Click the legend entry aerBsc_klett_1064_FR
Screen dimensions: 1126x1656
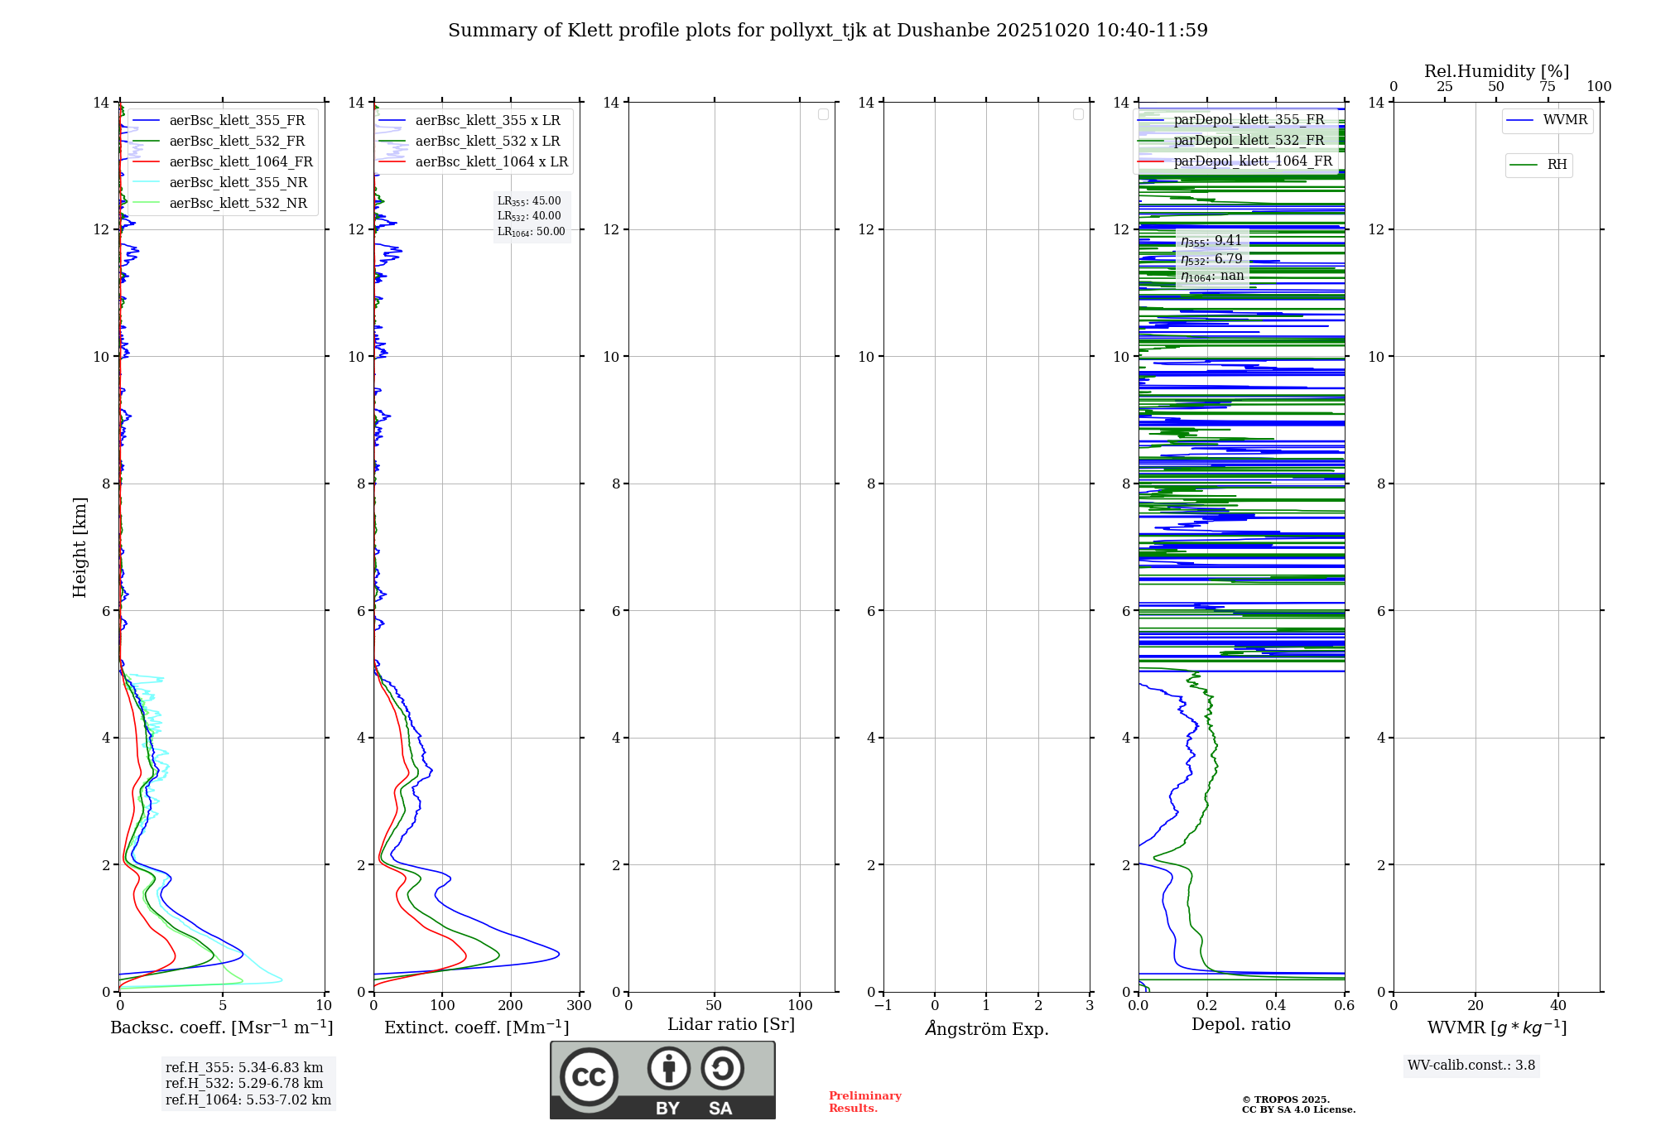[x=240, y=162]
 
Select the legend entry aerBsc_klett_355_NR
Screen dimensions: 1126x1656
[x=238, y=183]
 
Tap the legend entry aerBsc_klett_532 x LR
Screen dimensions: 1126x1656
[x=487, y=142]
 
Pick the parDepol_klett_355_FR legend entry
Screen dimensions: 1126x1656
[x=1249, y=120]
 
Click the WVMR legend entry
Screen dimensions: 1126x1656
[x=1565, y=120]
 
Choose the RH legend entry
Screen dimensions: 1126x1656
[x=1557, y=165]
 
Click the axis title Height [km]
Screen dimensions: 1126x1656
[x=79, y=547]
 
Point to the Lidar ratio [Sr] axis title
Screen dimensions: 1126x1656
[x=731, y=1025]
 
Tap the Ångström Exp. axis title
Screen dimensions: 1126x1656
[x=987, y=1029]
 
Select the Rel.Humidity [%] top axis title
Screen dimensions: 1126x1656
[x=1496, y=71]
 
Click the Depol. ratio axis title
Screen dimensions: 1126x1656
[x=1240, y=1025]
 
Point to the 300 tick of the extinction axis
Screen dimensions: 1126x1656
[x=580, y=1006]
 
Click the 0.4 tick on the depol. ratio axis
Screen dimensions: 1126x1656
[x=1276, y=1006]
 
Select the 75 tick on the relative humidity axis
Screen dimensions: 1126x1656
[x=1547, y=87]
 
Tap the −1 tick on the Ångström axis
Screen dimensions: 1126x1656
[x=883, y=1006]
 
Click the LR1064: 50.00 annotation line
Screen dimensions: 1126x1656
[x=531, y=232]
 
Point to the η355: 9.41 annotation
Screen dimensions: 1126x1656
[x=1211, y=241]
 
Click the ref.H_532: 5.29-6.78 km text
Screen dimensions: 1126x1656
[x=244, y=1084]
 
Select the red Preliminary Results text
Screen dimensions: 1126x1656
[x=864, y=1102]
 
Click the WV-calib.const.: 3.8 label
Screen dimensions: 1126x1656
[x=1471, y=1066]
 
